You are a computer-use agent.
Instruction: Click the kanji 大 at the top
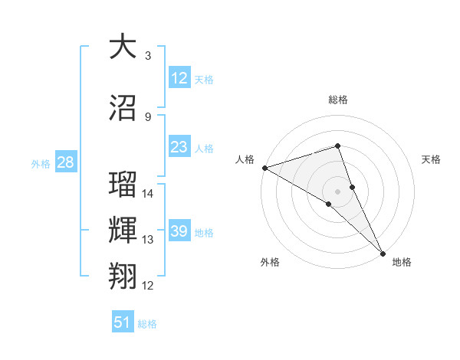coord(123,47)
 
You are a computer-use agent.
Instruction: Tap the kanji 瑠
coord(123,185)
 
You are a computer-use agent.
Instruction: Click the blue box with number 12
coord(179,78)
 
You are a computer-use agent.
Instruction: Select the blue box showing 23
coord(179,147)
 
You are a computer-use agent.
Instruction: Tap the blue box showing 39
coord(179,231)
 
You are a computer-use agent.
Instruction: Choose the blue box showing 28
coord(65,162)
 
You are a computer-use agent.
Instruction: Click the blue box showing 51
coord(123,322)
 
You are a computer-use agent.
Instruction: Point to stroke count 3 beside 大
coord(147,56)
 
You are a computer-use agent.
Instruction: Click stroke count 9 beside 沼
coord(147,117)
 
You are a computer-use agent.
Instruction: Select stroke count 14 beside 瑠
coord(148,194)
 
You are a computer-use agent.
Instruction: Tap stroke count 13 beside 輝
coord(148,240)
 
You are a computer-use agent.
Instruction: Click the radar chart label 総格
coord(338,100)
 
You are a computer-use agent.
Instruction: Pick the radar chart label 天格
coord(431,159)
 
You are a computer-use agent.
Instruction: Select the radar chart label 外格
coord(269,262)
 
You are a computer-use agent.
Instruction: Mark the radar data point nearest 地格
coord(383,252)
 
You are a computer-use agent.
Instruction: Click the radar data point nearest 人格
coord(264,167)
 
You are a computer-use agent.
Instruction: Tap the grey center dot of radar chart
coord(337,190)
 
